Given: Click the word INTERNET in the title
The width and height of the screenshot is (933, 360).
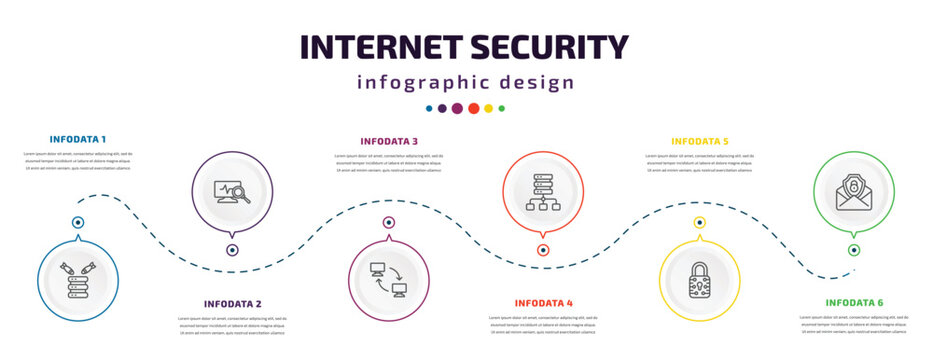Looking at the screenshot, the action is point(381,47).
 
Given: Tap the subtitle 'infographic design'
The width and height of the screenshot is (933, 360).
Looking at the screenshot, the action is point(466,82).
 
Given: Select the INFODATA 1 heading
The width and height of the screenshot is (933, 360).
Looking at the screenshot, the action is point(77,138).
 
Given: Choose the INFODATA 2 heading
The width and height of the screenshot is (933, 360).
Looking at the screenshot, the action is point(232,303).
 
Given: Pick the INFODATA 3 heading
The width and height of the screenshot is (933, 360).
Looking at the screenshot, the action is point(389,141).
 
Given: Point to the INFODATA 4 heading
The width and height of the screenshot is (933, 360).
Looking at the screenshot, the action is point(543,302).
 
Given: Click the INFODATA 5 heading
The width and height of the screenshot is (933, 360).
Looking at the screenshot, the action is point(699,141).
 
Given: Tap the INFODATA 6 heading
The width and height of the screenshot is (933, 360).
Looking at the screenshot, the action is point(854,301).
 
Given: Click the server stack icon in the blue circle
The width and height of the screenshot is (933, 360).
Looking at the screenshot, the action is point(77,281).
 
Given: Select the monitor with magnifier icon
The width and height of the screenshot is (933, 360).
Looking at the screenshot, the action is point(232,190).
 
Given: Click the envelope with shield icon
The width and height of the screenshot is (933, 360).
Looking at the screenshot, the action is point(853,190).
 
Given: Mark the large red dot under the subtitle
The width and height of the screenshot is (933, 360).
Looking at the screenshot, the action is point(473,108).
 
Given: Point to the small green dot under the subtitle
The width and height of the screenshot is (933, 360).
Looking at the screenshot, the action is point(502,108).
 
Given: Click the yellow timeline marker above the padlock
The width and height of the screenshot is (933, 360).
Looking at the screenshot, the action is point(699,223).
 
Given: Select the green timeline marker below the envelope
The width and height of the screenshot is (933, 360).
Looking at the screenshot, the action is point(853,250).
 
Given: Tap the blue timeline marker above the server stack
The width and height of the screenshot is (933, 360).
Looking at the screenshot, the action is point(77,223).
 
